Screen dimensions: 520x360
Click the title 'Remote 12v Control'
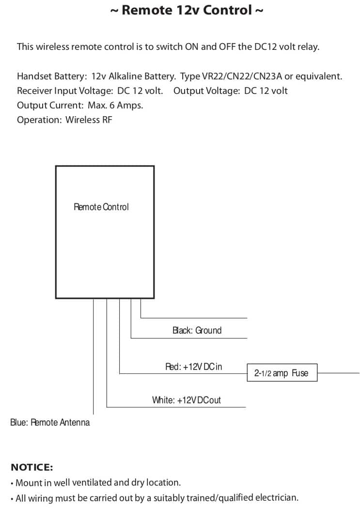click(187, 10)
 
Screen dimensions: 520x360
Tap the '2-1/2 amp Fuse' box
click(282, 373)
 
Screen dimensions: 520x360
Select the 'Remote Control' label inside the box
click(101, 207)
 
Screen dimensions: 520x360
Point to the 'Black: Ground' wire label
click(197, 331)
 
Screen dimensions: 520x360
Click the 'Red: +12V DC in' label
click(193, 367)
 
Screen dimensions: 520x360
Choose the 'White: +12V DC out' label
click(186, 400)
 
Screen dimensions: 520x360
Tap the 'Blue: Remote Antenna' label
click(50, 423)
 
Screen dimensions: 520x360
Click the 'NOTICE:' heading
click(31, 467)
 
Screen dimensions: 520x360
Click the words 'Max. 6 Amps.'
click(115, 105)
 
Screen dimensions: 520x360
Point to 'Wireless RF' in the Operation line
click(89, 120)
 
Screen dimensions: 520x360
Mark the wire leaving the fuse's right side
click(338, 373)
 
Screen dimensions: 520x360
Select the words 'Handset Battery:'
click(52, 76)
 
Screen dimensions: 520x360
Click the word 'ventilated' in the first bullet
click(92, 483)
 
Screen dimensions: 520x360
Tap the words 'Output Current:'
click(50, 105)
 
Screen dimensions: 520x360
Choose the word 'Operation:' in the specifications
click(40, 120)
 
